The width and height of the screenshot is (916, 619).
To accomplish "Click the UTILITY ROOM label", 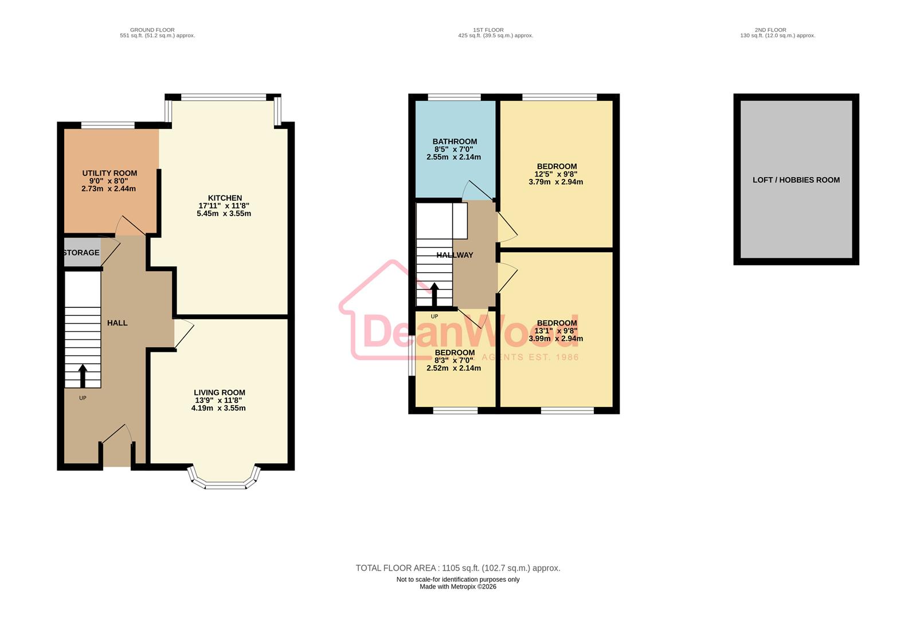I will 109,173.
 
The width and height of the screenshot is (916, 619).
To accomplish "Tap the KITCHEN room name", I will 225,198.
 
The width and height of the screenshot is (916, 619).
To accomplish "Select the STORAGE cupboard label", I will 81,253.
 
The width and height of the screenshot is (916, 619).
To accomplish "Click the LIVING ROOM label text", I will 220,393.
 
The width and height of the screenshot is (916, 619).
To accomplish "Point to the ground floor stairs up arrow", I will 83,375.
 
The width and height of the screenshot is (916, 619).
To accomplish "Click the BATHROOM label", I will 455,142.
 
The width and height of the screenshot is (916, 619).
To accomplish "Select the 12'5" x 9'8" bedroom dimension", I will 556,174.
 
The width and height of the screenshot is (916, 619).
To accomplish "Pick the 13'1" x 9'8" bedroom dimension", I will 556,331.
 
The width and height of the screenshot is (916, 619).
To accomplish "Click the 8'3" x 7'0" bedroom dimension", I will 454,361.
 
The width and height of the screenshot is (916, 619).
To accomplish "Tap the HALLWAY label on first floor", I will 455,255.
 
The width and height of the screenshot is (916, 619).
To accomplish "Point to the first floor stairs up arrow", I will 434,295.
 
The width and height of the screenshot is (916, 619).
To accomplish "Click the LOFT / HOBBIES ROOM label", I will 796,180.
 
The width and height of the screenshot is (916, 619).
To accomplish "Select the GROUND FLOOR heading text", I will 152,30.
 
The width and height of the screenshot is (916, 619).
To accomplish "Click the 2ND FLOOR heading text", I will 778,30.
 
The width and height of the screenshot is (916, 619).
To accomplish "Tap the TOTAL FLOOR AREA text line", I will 458,568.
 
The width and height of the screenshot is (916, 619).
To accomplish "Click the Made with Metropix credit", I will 458,587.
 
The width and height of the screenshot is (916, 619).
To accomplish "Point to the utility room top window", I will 108,125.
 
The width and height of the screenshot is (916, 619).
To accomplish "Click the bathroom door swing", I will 473,191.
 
